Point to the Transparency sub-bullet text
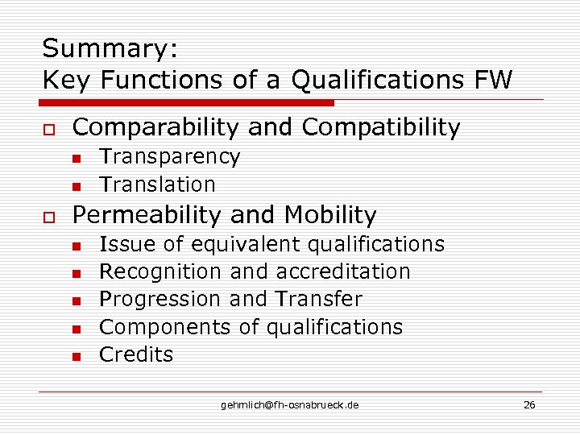click(169, 156)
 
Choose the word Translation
click(157, 184)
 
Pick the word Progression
click(160, 299)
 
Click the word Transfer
click(319, 299)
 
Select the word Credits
click(135, 354)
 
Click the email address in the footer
click(290, 404)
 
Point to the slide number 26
click(529, 404)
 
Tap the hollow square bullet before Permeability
click(48, 217)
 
